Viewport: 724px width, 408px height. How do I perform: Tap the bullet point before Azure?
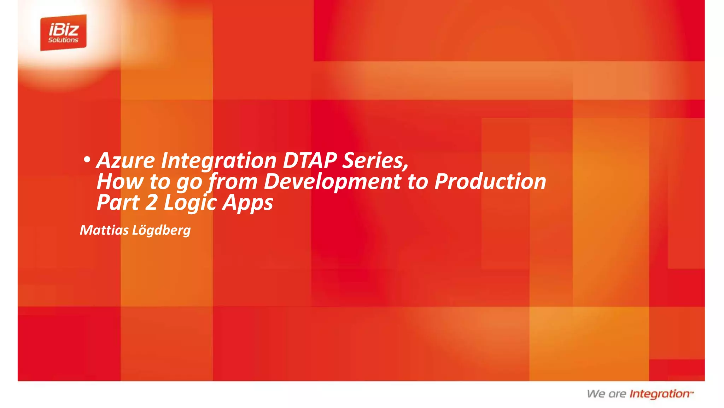(x=86, y=160)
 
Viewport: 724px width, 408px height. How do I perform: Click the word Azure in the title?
(x=125, y=160)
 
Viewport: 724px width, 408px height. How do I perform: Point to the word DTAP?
(x=310, y=160)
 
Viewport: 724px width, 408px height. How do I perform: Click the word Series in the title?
(x=375, y=160)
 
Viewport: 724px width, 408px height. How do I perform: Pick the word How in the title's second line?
(x=119, y=182)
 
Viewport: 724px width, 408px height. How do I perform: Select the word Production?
(x=490, y=182)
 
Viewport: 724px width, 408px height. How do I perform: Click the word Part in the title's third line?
(x=118, y=203)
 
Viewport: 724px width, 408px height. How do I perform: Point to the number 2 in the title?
(x=151, y=203)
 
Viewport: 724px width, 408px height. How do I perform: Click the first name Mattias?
(x=104, y=230)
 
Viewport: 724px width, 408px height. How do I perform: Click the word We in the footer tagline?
(x=596, y=394)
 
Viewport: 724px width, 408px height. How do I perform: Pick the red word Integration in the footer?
(x=660, y=394)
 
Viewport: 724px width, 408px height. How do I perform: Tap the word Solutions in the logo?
(x=63, y=40)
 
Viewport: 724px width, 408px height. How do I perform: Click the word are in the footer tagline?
(x=617, y=394)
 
